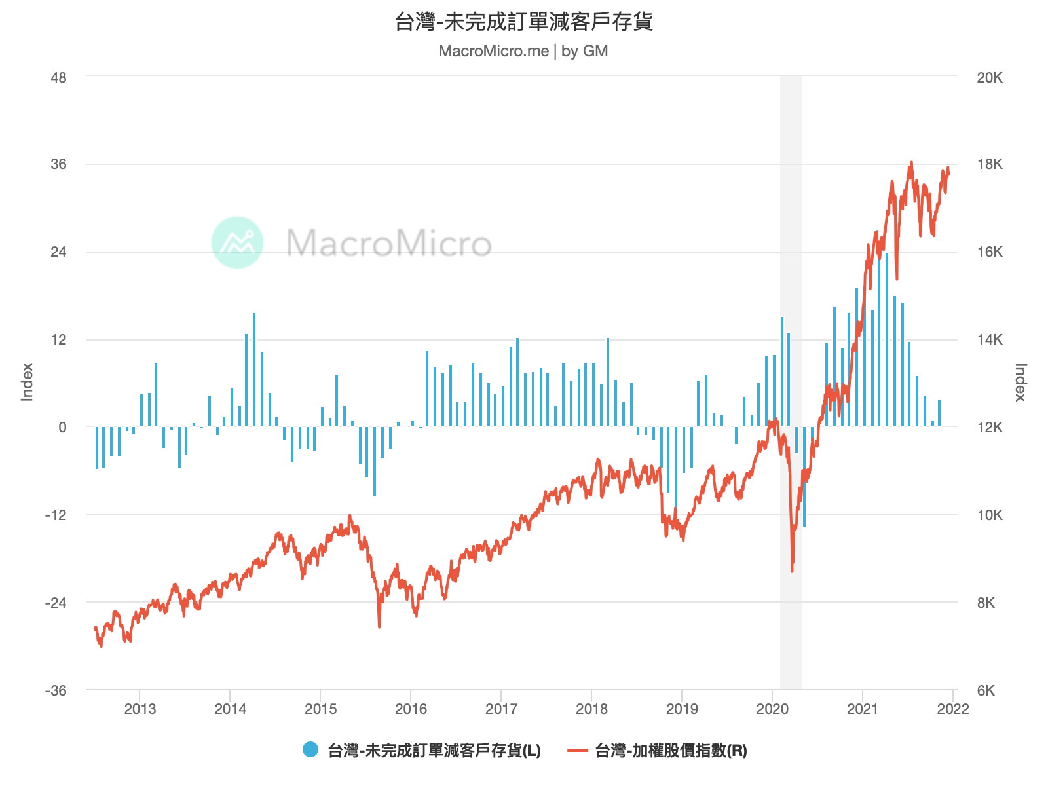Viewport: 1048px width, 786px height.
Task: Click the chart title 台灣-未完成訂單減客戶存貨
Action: (523, 22)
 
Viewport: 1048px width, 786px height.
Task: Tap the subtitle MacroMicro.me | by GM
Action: (523, 51)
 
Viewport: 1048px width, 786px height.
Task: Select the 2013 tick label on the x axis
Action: (140, 709)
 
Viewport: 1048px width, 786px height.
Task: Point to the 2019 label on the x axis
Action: (682, 709)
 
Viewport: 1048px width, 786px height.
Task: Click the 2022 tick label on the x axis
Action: (952, 709)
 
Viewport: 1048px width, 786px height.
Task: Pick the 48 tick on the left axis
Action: (58, 78)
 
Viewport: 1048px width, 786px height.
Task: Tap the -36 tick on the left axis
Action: (56, 691)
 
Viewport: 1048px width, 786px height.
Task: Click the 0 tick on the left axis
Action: (62, 428)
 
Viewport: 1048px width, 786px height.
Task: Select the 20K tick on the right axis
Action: (990, 78)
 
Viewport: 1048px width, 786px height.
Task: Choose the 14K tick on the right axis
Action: (990, 340)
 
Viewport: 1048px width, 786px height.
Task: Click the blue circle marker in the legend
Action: (310, 750)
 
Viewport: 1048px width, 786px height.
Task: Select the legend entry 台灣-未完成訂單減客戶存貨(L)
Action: (434, 751)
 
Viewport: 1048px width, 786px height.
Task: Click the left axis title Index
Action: (27, 382)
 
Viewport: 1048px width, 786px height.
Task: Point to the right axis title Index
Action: (1020, 382)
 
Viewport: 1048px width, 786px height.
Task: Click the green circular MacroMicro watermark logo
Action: (237, 242)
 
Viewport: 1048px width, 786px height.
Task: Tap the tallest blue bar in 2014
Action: (254, 369)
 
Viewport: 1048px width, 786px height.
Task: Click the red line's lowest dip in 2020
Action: (792, 571)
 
